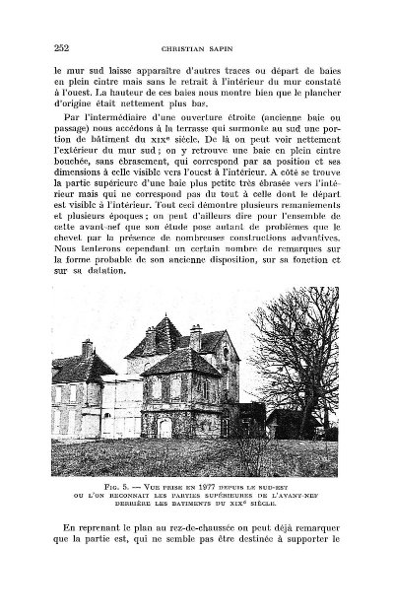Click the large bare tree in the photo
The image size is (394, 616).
(x=310, y=375)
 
